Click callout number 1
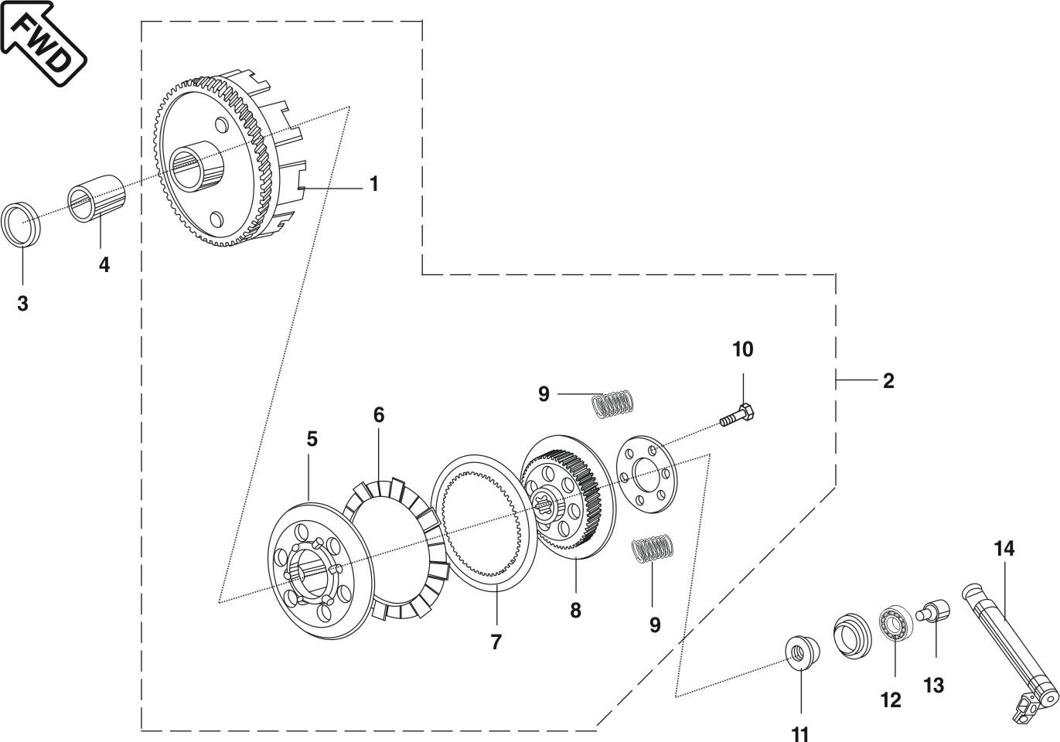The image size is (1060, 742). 374,184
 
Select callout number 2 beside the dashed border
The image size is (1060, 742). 888,380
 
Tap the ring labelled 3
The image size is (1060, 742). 21,224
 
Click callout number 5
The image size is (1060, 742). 312,439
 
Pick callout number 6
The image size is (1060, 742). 379,415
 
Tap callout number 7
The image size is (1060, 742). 496,642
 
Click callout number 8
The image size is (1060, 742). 576,611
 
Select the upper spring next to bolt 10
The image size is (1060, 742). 613,403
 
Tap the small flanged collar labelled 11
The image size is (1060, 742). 801,653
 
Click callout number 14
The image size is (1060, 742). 1004,549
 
